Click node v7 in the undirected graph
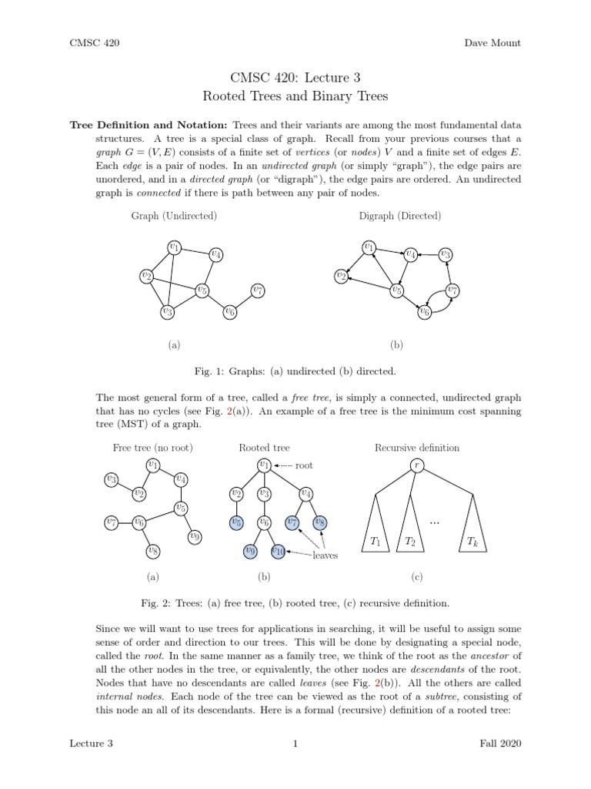tap(258, 290)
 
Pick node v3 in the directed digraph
tap(446, 254)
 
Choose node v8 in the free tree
tap(153, 550)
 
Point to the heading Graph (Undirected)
tap(174, 216)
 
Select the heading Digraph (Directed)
tap(400, 216)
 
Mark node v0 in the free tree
tap(195, 536)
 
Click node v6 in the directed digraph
tap(424, 311)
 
